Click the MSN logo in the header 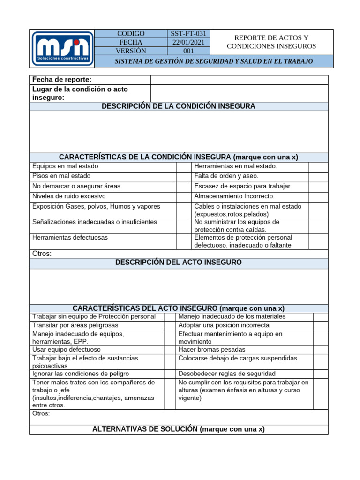pyautogui.click(x=62, y=49)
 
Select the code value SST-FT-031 pyautogui.click(x=188, y=34)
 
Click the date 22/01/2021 pyautogui.click(x=188, y=42)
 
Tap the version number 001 pyautogui.click(x=188, y=51)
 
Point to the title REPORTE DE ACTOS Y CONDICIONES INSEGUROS pyautogui.click(x=271, y=42)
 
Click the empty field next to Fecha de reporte pyautogui.click(x=239, y=80)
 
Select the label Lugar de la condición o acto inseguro pyautogui.click(x=80, y=93)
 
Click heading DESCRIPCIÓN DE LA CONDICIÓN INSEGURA pyautogui.click(x=179, y=106)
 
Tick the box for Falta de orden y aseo pyautogui.click(x=318, y=176)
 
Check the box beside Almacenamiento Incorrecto pyautogui.click(x=318, y=196)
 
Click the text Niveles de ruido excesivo pyautogui.click(x=69, y=196)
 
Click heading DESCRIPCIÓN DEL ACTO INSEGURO pyautogui.click(x=179, y=262)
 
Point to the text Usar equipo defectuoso pyautogui.click(x=67, y=350)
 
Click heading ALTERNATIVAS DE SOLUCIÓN pyautogui.click(x=179, y=429)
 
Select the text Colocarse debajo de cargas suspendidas pyautogui.click(x=238, y=358)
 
